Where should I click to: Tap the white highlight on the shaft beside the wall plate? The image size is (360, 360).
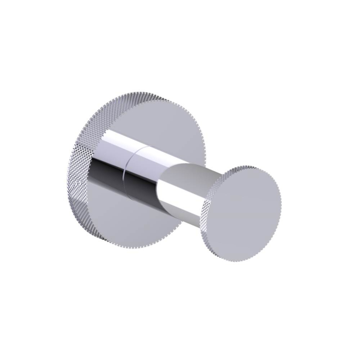click(x=115, y=139)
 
